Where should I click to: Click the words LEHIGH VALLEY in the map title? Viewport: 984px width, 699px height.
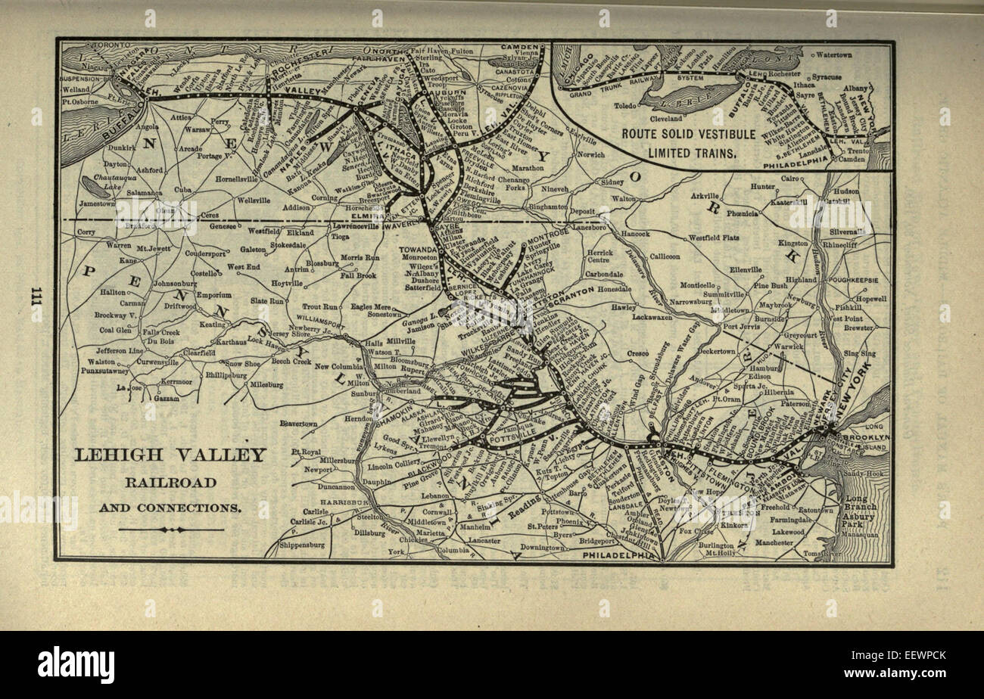[x=170, y=455]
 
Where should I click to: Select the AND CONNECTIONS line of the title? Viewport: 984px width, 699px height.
[x=170, y=507]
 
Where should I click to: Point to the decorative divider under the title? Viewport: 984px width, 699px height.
[x=171, y=530]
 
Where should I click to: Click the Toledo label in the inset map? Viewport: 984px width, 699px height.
[x=625, y=106]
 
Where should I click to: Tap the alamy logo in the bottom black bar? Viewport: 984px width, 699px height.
[x=76, y=665]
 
